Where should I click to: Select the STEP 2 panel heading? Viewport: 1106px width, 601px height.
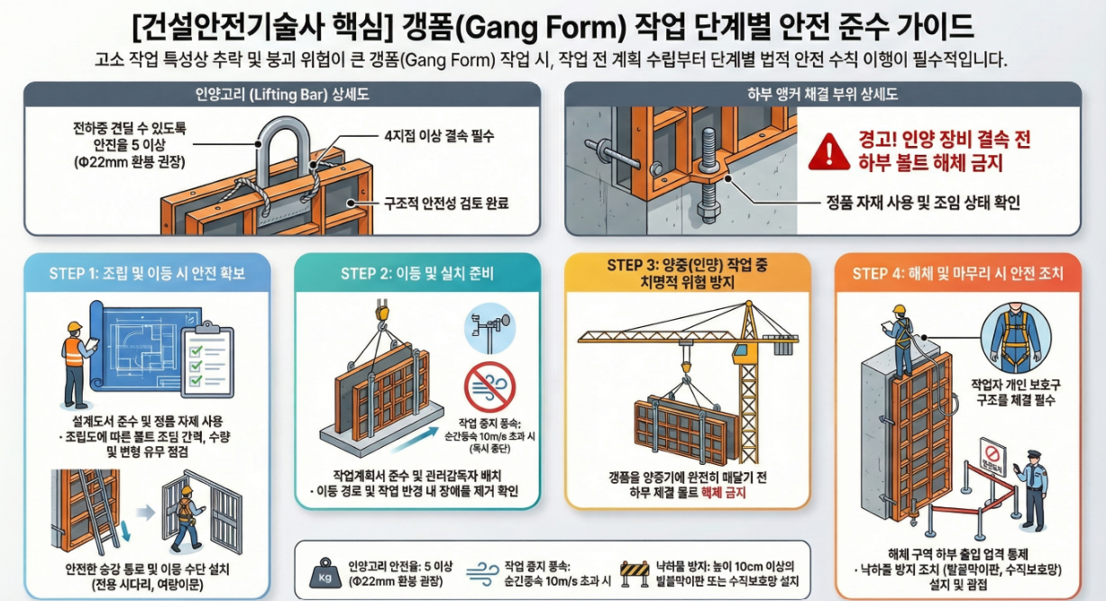[x=417, y=273]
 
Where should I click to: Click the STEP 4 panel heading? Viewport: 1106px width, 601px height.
[x=958, y=273]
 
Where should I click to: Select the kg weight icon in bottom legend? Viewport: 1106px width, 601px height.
[x=323, y=573]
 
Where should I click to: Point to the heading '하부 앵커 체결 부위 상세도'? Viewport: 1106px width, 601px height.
[x=822, y=95]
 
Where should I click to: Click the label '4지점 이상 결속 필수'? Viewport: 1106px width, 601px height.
[x=439, y=137]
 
